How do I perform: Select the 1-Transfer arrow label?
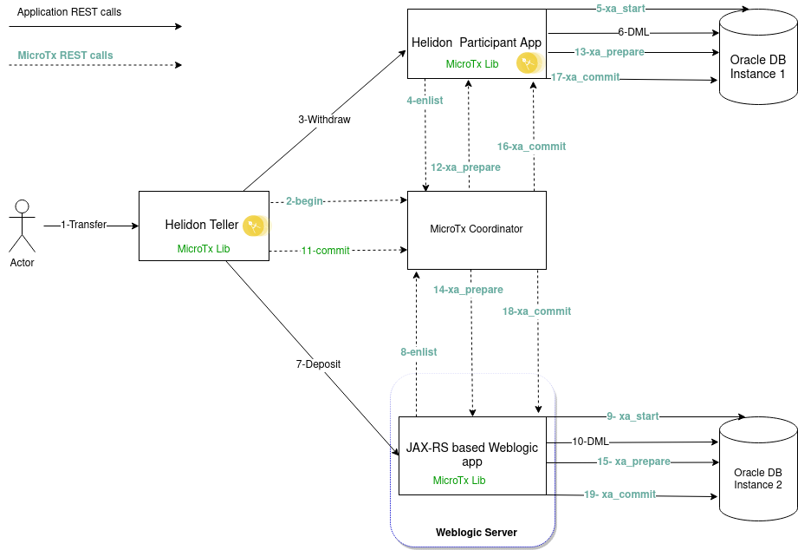83,225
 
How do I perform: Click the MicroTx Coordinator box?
477,229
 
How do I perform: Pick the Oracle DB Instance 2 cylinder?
757,468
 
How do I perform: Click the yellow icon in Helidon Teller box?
253,226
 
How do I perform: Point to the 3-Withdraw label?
324,120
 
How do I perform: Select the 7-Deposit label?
318,364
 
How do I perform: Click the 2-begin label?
304,200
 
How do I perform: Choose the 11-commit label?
325,251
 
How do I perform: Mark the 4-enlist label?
425,101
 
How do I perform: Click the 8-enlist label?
418,352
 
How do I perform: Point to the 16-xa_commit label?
531,147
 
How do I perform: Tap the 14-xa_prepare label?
468,290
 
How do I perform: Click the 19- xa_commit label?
620,494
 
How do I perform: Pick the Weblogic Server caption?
476,533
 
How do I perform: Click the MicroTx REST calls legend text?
65,56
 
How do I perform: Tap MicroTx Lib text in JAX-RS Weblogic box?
459,481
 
